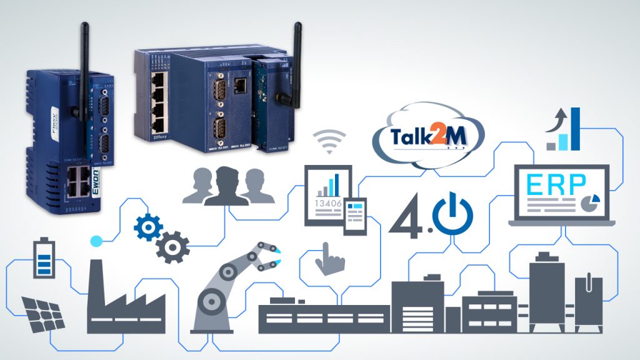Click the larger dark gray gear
coord(170,247)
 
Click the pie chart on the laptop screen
coord(588,202)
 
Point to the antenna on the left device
coord(83,69)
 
